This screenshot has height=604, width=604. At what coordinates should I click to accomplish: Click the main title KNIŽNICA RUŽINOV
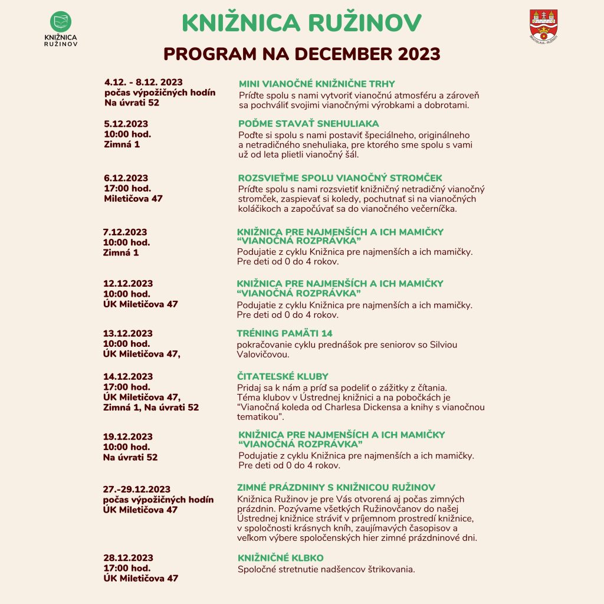click(x=301, y=22)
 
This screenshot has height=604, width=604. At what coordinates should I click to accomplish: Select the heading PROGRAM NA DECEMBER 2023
click(x=301, y=54)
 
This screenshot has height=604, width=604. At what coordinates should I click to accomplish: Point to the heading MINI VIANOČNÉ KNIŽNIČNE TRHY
click(x=317, y=84)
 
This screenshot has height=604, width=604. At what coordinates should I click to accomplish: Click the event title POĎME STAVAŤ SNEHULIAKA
click(x=308, y=123)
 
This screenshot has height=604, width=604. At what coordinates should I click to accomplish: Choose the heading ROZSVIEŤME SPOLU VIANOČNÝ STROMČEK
click(x=340, y=178)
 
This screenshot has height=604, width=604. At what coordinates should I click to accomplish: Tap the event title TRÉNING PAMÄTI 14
click(x=284, y=333)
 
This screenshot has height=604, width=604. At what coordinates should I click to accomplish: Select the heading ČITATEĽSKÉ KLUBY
click(x=283, y=376)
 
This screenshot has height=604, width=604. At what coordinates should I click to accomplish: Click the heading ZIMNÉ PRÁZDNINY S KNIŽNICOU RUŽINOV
click(x=336, y=487)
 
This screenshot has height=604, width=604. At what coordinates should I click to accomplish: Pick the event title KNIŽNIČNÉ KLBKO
click(x=281, y=558)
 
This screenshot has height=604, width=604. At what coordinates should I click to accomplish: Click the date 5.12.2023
click(x=126, y=124)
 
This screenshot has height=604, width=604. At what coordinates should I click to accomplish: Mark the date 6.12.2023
click(x=126, y=178)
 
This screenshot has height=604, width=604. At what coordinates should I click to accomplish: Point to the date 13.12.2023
click(x=128, y=333)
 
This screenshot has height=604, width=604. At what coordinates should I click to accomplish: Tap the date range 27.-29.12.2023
click(x=137, y=489)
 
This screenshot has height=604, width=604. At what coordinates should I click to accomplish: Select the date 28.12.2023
click(x=128, y=558)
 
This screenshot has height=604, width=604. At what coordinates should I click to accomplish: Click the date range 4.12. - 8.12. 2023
click(x=144, y=82)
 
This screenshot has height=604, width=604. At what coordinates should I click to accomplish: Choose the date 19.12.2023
click(x=128, y=436)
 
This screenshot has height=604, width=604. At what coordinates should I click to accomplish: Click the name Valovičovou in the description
click(x=262, y=355)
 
